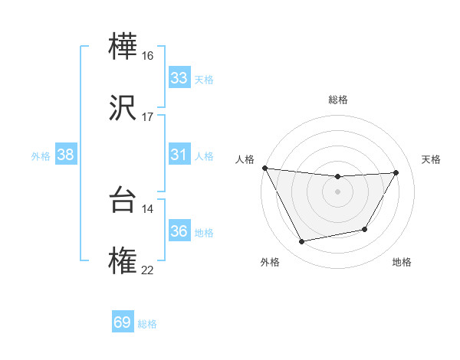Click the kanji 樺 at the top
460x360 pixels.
(x=124, y=48)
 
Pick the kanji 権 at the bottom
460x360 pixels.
(x=124, y=260)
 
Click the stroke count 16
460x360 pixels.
(x=147, y=56)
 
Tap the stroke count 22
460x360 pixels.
(x=147, y=269)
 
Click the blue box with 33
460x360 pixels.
(x=179, y=78)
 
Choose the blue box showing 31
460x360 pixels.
(x=179, y=155)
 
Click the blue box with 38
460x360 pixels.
(x=66, y=155)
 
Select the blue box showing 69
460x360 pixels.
(x=123, y=322)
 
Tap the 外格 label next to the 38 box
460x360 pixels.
(x=41, y=156)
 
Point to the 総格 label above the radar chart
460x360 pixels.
(x=337, y=100)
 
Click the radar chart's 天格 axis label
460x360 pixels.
(x=431, y=159)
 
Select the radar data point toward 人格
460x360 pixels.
(x=264, y=168)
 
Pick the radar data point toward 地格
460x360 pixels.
(x=365, y=229)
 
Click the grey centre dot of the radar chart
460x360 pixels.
(x=337, y=191)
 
